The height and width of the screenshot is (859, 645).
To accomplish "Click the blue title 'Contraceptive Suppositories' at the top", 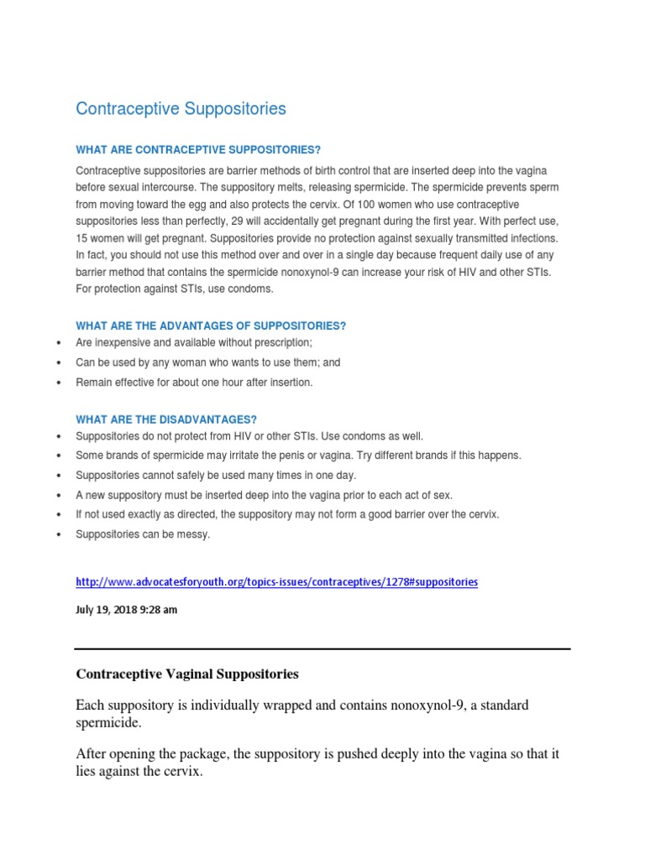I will tap(181, 109).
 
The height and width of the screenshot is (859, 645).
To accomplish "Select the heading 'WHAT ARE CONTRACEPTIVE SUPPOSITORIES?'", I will tap(198, 150).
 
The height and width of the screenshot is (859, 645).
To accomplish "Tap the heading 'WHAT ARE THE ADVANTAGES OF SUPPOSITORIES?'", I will tap(211, 325).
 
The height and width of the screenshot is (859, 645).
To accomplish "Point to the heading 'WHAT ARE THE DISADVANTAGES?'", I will tap(166, 419).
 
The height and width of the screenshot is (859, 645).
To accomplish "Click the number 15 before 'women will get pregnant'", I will tap(82, 238).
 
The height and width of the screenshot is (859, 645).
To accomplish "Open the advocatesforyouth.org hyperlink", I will tap(276, 581).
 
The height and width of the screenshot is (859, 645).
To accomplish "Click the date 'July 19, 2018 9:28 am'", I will tap(127, 610).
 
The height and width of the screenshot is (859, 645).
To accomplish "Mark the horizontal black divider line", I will tap(322, 648).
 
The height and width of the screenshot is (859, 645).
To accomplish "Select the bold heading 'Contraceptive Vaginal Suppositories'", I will tap(187, 674).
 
